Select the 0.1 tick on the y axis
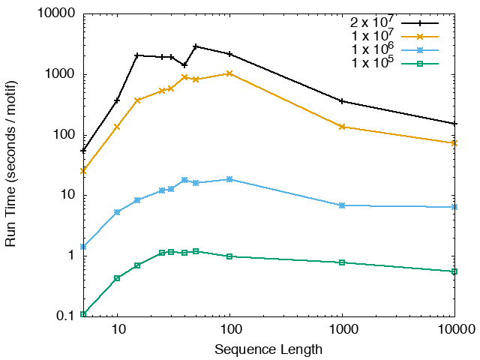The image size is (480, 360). point(65,316)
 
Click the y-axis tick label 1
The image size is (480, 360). point(71,256)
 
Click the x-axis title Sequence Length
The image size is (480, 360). point(268,349)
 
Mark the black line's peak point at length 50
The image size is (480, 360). point(196,46)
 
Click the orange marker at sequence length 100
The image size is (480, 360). point(229,73)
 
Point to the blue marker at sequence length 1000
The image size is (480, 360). point(342,205)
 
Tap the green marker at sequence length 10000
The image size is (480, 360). point(454,271)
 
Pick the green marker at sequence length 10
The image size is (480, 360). point(117,278)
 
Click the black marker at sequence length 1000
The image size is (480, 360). point(342,101)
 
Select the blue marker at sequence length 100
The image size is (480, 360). point(229,179)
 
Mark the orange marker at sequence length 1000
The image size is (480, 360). point(342,127)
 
